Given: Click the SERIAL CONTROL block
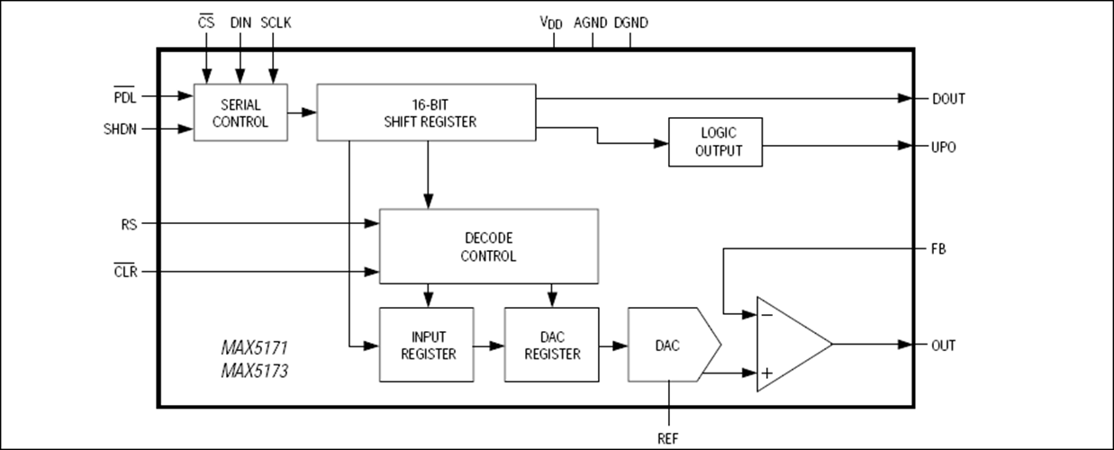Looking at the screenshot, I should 240,112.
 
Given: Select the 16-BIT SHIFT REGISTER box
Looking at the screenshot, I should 427,112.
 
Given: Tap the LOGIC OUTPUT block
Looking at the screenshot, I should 715,142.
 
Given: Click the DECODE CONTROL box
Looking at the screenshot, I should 488,247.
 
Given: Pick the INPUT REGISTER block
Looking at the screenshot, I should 426,345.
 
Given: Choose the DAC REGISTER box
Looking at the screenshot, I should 551,345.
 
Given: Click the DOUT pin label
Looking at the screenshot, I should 948,99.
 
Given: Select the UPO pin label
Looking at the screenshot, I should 944,147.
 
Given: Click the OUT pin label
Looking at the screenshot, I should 943,345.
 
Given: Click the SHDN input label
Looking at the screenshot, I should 122,129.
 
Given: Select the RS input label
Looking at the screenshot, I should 129,222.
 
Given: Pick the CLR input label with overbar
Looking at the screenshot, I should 126,271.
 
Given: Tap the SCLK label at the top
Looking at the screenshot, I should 276,22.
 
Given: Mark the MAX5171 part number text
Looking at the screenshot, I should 255,346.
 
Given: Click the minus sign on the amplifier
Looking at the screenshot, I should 767,315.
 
